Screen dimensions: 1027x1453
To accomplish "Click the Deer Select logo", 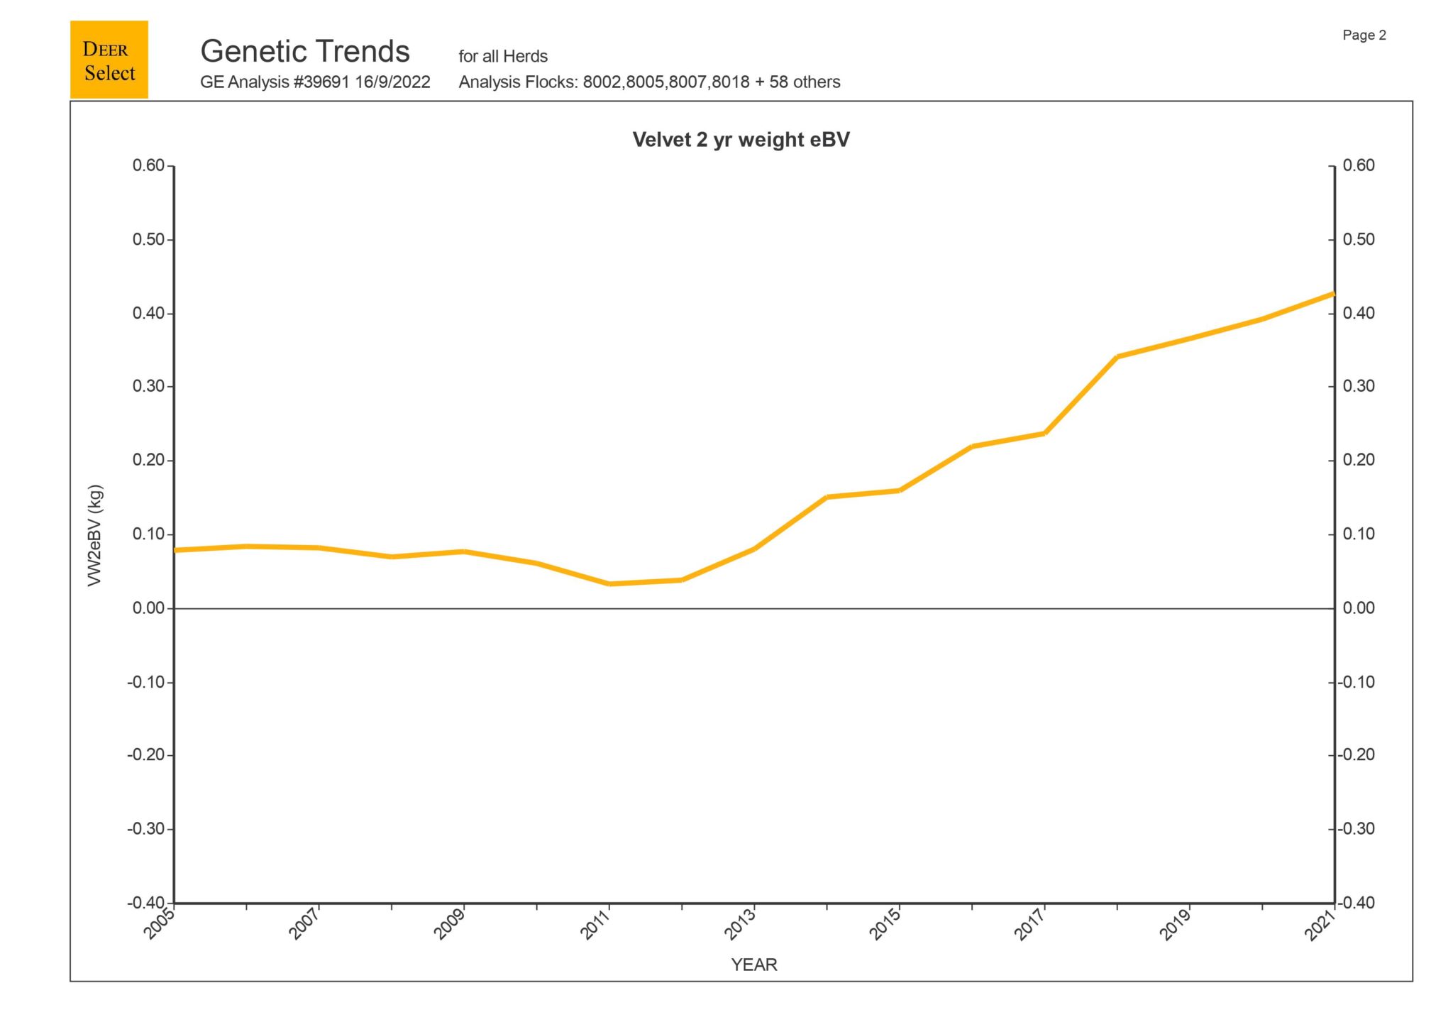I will (x=109, y=60).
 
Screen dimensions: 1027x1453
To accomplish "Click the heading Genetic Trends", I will (x=305, y=52).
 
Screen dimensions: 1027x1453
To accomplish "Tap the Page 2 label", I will (x=1364, y=35).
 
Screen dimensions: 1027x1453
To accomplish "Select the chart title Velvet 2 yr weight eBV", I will (x=741, y=140).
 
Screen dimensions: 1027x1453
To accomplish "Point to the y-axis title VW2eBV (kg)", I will (x=95, y=535).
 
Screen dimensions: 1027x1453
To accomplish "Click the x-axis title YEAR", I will (x=754, y=965).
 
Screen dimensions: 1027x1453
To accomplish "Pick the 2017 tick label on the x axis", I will (x=1029, y=926).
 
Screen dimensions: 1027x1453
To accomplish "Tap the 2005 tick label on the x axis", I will (x=160, y=926).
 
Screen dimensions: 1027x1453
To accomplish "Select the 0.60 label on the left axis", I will (x=148, y=166).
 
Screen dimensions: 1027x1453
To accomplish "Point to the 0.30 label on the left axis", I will (x=148, y=387).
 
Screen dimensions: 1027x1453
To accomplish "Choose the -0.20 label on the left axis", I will (x=146, y=755).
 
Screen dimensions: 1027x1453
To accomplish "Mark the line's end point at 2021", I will (x=1333, y=293).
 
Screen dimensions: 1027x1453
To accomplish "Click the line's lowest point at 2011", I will (x=609, y=584).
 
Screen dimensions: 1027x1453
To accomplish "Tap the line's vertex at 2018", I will (x=1117, y=356).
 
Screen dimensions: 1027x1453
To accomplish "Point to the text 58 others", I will (x=805, y=82).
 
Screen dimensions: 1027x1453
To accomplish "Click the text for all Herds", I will (x=503, y=57).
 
